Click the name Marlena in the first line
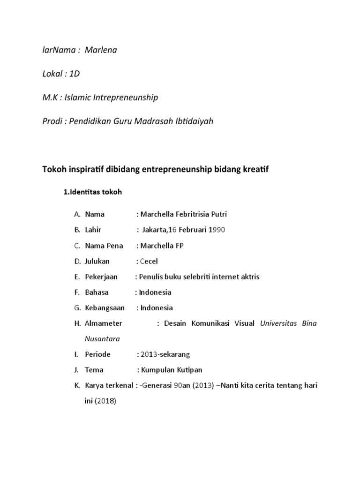101,50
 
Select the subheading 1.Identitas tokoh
92,192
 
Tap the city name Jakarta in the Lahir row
154,230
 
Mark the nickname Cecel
149,261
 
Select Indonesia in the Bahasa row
155,292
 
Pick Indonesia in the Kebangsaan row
157,308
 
